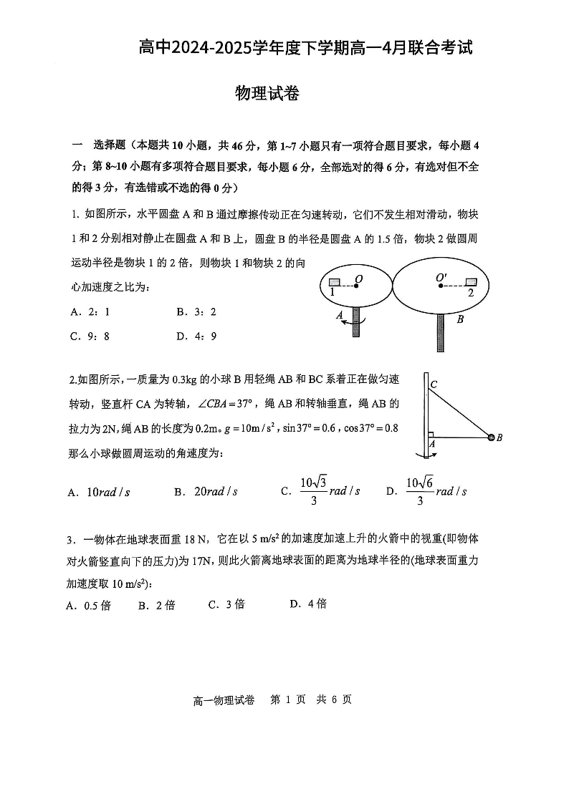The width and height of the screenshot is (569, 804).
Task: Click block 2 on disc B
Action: click(x=470, y=281)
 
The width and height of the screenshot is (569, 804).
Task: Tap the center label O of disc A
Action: click(x=358, y=278)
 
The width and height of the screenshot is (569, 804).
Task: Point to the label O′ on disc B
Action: click(x=441, y=278)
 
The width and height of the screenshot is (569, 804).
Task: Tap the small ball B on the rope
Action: click(x=491, y=437)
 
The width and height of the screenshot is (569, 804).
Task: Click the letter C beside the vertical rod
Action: click(x=434, y=385)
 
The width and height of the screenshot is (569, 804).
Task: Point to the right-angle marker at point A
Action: click(x=431, y=435)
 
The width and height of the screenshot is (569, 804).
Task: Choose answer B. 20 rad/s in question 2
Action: click(x=206, y=492)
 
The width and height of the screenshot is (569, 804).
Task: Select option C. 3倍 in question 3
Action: click(x=226, y=604)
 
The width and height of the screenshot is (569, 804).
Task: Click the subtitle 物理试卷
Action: click(x=267, y=94)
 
